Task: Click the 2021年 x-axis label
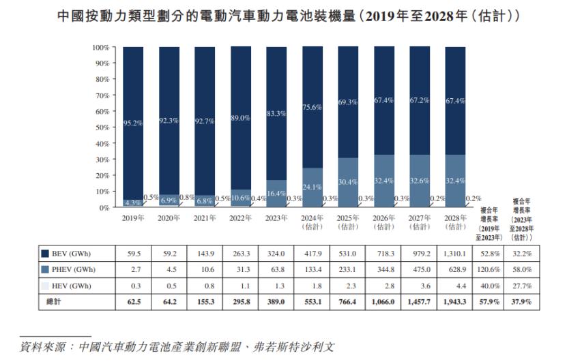[x=205, y=218]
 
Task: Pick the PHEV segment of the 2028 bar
[x=455, y=181]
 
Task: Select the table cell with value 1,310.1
[x=455, y=254]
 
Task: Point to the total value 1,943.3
[x=455, y=300]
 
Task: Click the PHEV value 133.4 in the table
[x=312, y=269]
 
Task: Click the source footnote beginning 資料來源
[x=177, y=346]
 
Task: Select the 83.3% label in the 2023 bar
[x=276, y=114]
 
